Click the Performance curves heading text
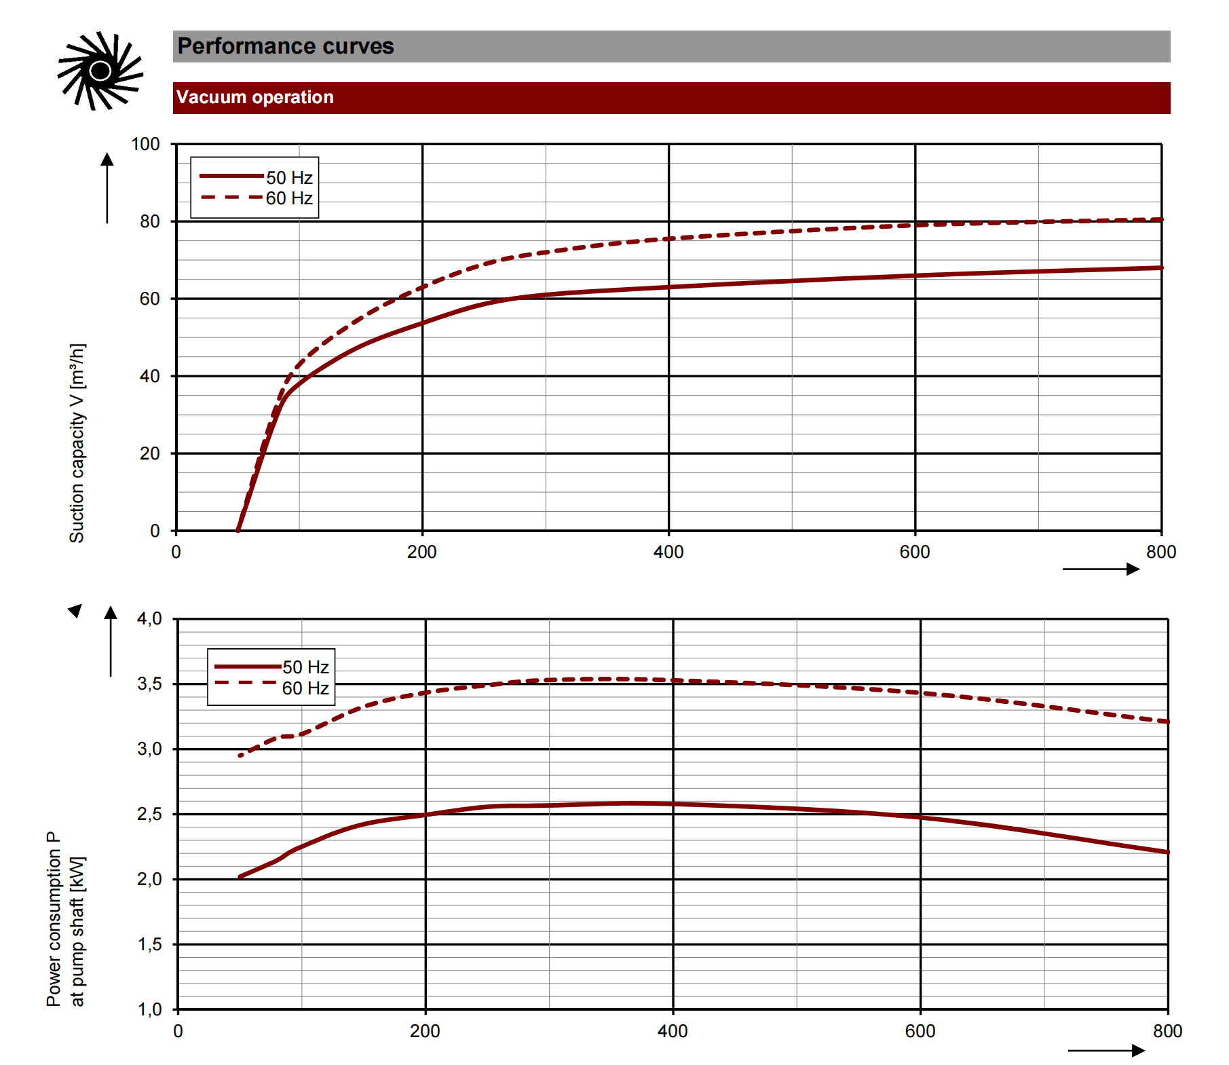[x=285, y=46]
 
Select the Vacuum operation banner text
[x=254, y=97]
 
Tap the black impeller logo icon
[x=100, y=70]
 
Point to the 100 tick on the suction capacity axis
[x=145, y=144]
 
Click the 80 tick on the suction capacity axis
[x=149, y=221]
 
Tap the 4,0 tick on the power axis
[x=149, y=618]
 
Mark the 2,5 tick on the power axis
[x=149, y=814]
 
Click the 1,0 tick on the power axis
[x=149, y=1009]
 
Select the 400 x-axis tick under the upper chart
[x=668, y=552]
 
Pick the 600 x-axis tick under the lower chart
[x=920, y=1031]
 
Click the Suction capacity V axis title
[x=77, y=443]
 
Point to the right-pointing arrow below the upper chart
[x=1101, y=569]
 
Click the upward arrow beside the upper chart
[x=107, y=187]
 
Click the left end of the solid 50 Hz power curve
[x=240, y=876]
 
